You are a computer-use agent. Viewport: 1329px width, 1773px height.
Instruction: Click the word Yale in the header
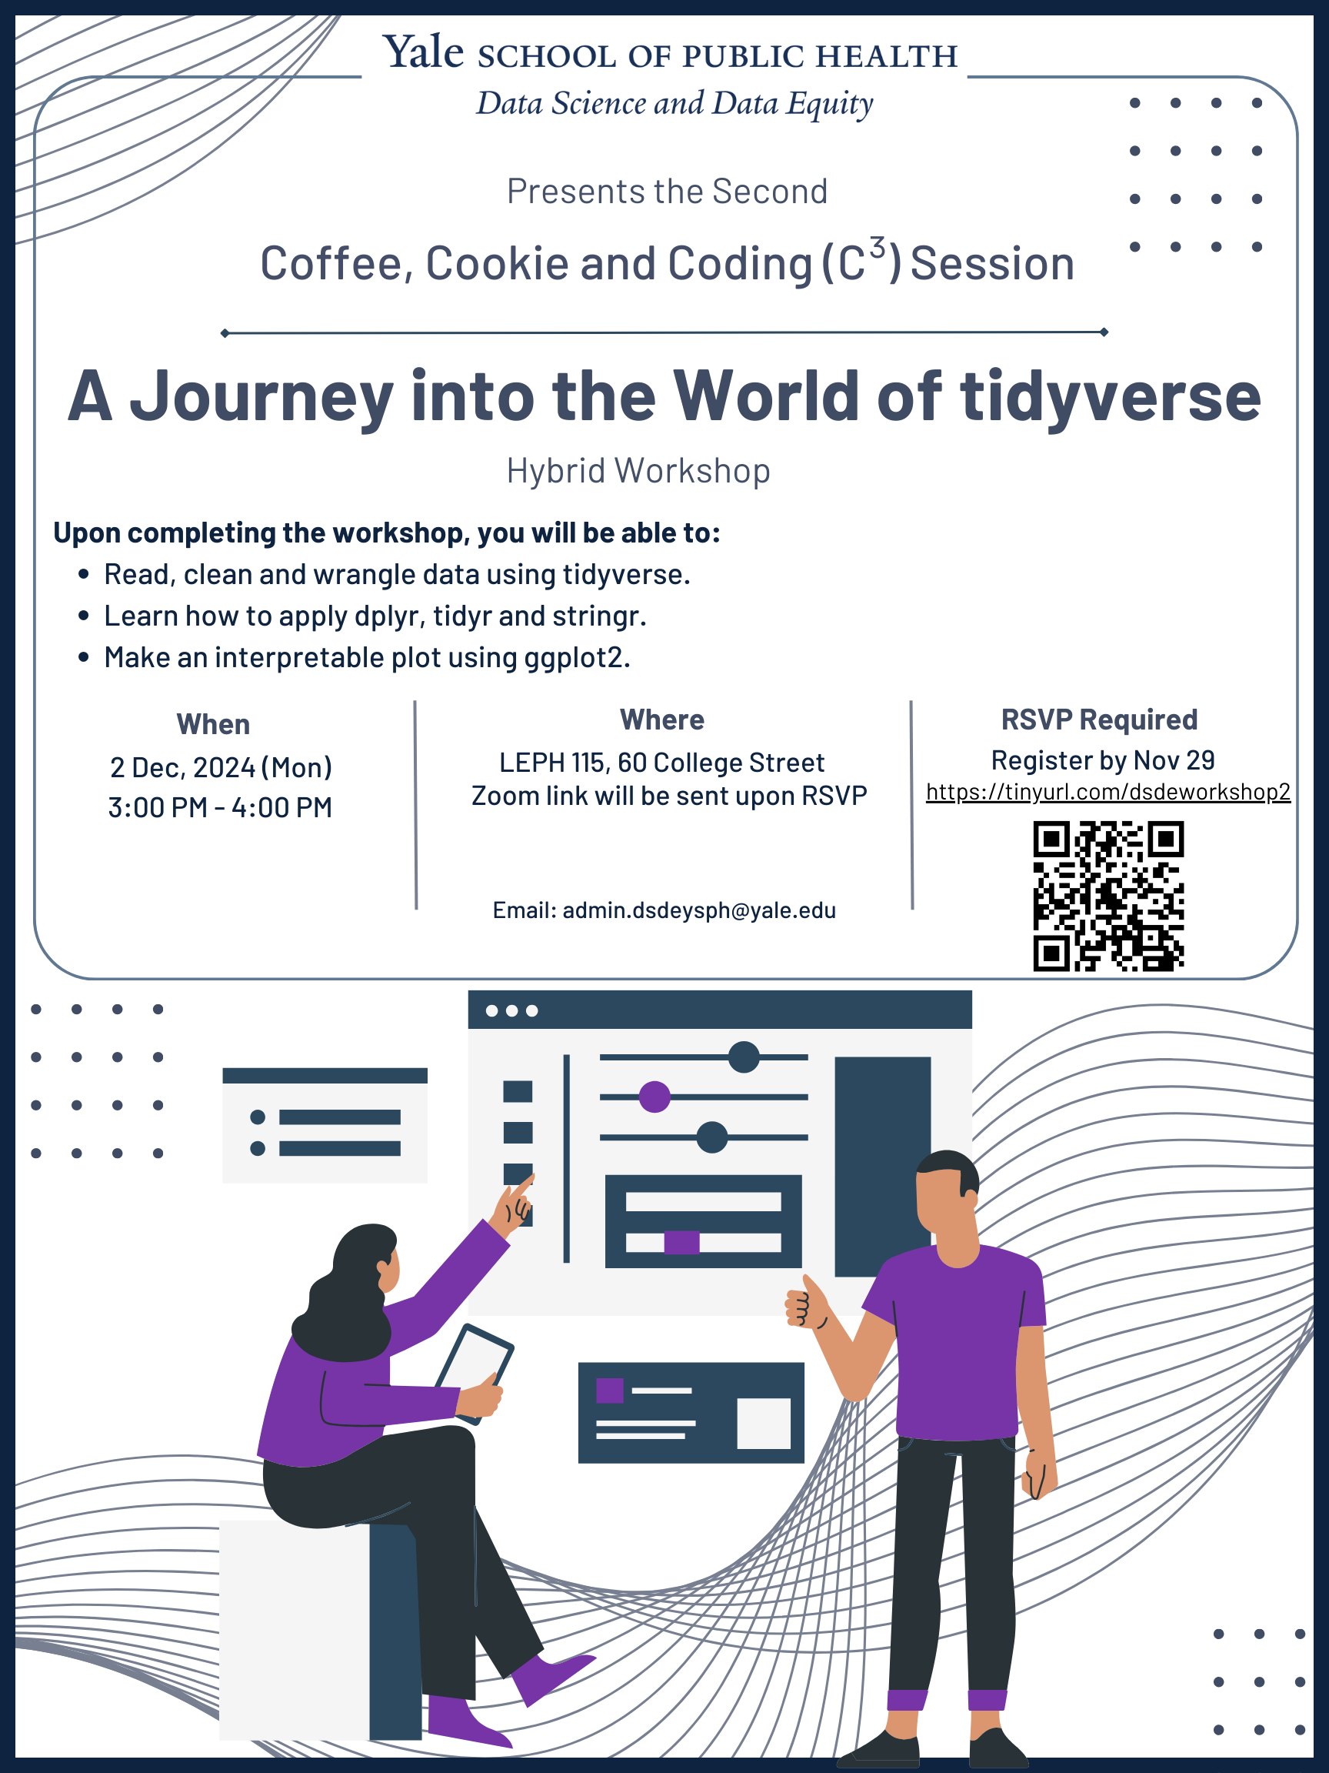[x=422, y=53]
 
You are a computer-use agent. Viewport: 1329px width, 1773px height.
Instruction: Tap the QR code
[x=1108, y=895]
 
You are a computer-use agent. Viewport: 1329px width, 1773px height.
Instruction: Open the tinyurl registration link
[x=1108, y=792]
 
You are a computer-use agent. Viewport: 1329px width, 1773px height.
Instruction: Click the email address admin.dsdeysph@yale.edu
[x=698, y=910]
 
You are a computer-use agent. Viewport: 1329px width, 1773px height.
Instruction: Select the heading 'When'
[x=213, y=725]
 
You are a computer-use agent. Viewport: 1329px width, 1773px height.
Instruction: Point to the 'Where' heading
[x=661, y=720]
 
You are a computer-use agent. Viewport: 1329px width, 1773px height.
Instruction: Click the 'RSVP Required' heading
[x=1099, y=720]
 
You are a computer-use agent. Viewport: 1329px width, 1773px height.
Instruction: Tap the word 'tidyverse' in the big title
[x=1111, y=397]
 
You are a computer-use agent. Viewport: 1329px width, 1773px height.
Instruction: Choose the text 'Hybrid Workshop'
[x=638, y=470]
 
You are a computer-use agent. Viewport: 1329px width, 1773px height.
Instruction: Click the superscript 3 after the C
[x=878, y=247]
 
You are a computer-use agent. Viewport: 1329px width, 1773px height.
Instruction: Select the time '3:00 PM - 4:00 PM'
[x=220, y=807]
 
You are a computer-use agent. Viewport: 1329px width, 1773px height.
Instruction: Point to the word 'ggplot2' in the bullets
[x=576, y=657]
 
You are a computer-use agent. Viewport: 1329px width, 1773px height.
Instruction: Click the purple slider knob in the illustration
[x=655, y=1097]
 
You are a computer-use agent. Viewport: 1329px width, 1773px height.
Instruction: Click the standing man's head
[x=947, y=1192]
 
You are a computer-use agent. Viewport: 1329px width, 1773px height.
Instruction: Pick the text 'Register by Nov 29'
[x=1102, y=760]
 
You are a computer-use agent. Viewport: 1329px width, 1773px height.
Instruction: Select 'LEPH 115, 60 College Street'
[x=661, y=763]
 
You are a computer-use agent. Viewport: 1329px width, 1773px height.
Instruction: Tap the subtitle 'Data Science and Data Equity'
[x=674, y=104]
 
